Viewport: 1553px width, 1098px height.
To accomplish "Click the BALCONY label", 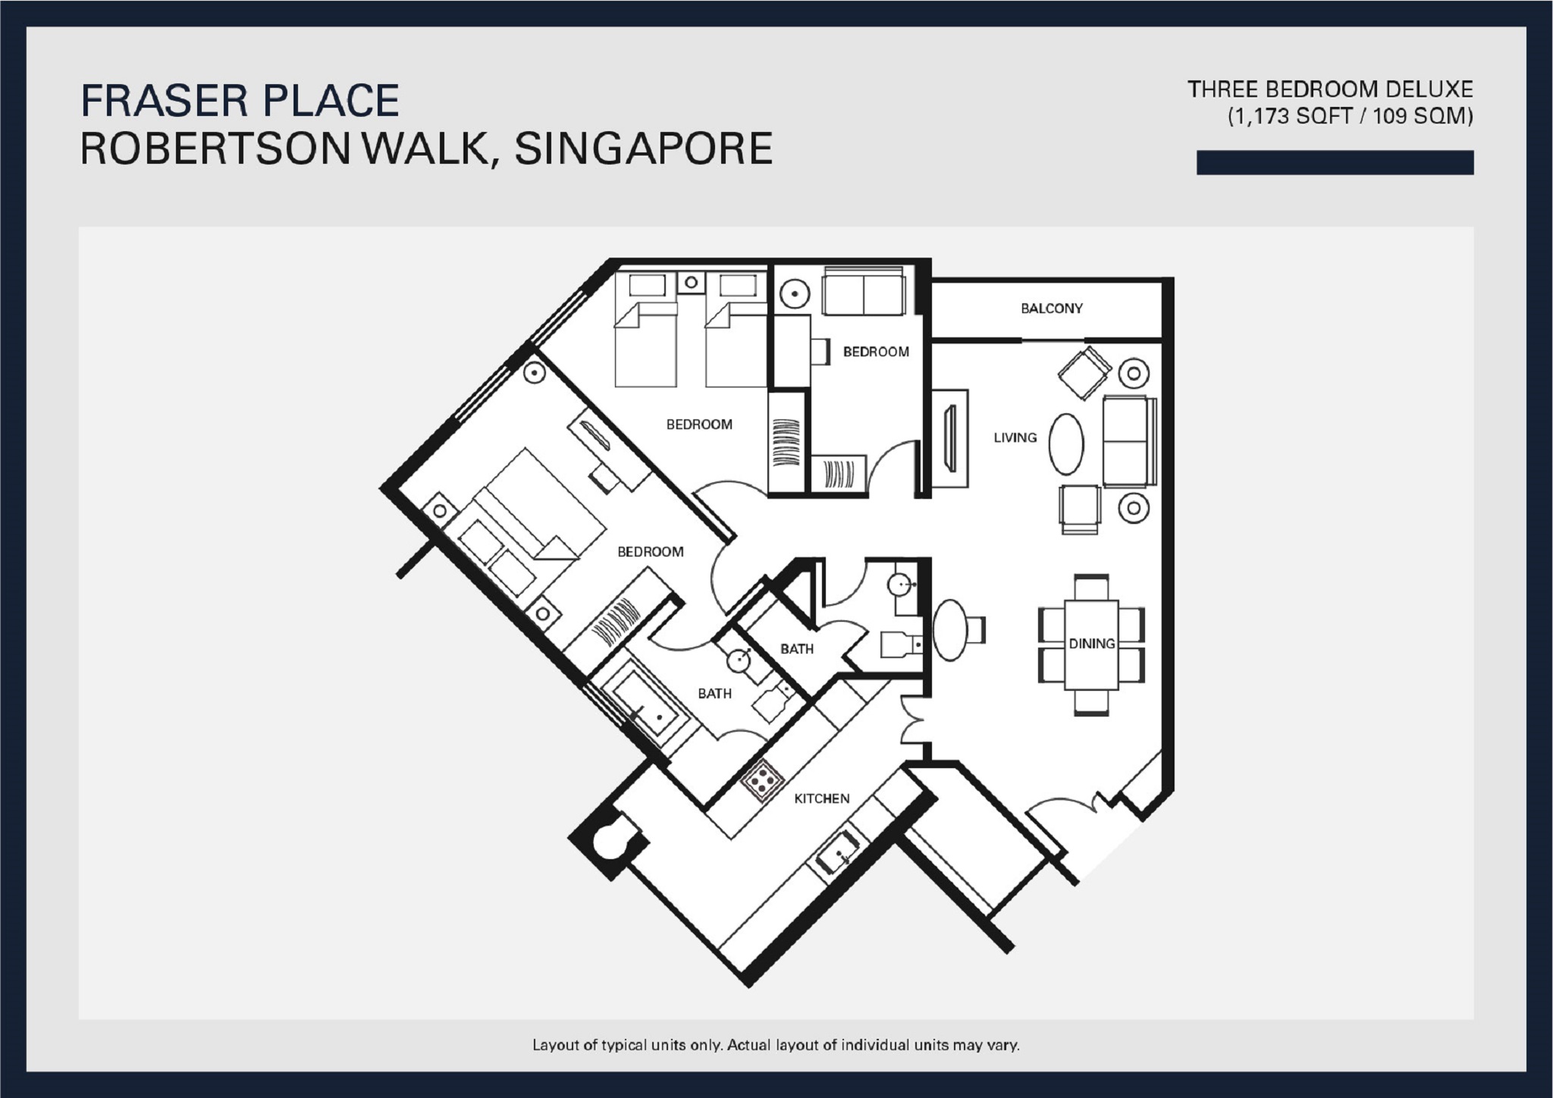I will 1051,309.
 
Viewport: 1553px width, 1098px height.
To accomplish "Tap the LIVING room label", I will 1015,438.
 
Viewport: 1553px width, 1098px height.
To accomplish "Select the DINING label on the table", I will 1091,644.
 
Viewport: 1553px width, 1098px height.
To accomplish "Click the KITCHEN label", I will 821,798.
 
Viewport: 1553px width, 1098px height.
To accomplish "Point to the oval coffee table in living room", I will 1066,444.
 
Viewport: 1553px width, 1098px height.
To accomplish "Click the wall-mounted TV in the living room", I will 949,438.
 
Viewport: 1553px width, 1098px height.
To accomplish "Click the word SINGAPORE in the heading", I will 643,149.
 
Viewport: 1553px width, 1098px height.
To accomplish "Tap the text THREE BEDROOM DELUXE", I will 1329,90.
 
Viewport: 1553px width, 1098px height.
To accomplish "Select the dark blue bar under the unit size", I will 1334,163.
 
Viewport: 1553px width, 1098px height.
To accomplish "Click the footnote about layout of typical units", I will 776,1046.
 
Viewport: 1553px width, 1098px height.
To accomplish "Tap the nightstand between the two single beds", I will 691,283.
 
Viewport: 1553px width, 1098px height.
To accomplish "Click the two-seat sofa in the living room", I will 1128,441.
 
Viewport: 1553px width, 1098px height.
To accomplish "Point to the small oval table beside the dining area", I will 950,629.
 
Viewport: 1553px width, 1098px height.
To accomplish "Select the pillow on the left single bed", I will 647,285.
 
